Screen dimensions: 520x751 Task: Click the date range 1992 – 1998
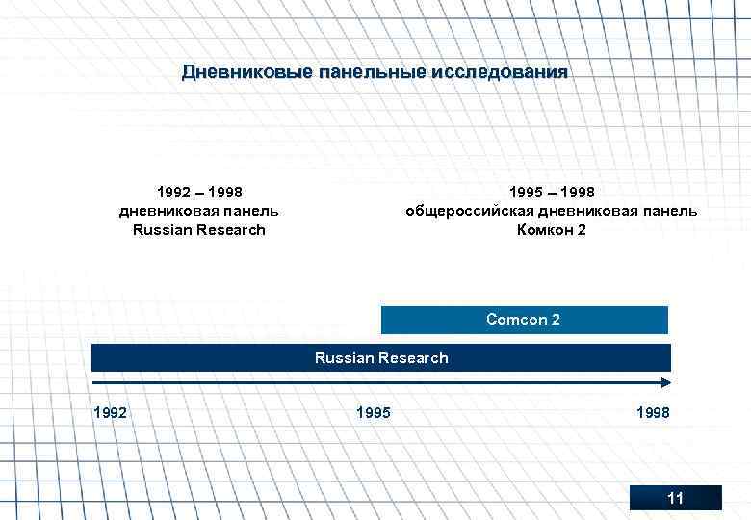(x=199, y=192)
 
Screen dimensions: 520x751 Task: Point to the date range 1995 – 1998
(x=552, y=192)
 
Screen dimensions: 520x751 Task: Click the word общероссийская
(x=469, y=211)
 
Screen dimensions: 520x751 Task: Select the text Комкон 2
(x=551, y=230)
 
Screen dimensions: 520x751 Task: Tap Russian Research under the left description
(x=199, y=230)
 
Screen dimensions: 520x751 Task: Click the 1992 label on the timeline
(x=111, y=413)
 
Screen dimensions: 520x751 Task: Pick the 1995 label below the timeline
(x=373, y=413)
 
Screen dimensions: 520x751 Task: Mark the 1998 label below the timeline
(x=653, y=413)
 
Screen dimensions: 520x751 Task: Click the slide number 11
(x=675, y=498)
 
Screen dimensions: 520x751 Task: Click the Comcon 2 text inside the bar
(x=523, y=320)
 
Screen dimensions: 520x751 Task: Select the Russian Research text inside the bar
(x=381, y=358)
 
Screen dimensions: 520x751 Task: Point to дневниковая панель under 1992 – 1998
(x=199, y=211)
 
